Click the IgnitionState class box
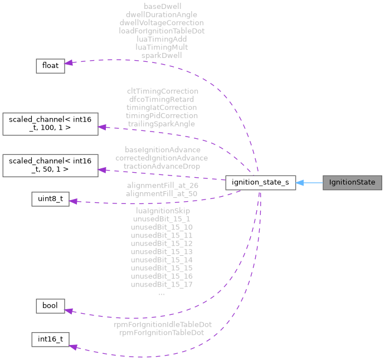pos(352,182)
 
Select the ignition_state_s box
pos(260,182)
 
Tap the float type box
pos(50,65)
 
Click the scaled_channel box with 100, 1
pos(50,124)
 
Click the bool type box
pos(50,306)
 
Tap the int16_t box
pos(50,339)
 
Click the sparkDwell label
pos(162,55)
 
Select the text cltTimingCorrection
pos(162,91)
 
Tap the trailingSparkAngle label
pos(162,123)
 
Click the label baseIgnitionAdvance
pos(162,150)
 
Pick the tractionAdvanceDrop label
pos(162,166)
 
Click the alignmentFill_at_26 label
pos(162,186)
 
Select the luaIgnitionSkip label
pos(162,211)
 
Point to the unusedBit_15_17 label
pos(162,284)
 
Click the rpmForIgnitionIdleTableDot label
pos(162,324)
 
